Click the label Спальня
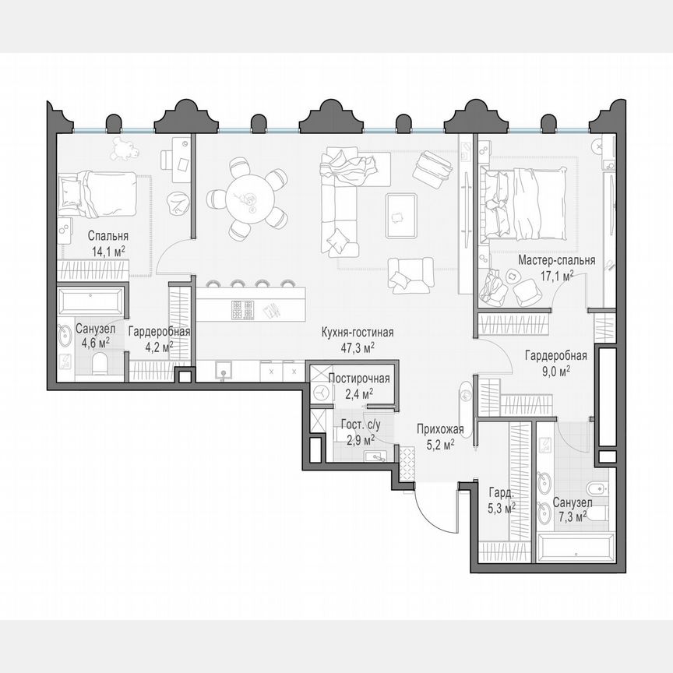coord(108,236)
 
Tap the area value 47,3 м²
coord(358,347)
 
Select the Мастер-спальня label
coord(557,260)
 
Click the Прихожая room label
coord(440,429)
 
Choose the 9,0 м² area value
coord(555,370)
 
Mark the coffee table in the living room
coord(402,215)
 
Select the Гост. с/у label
coord(358,425)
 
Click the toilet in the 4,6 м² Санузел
coord(99,364)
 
